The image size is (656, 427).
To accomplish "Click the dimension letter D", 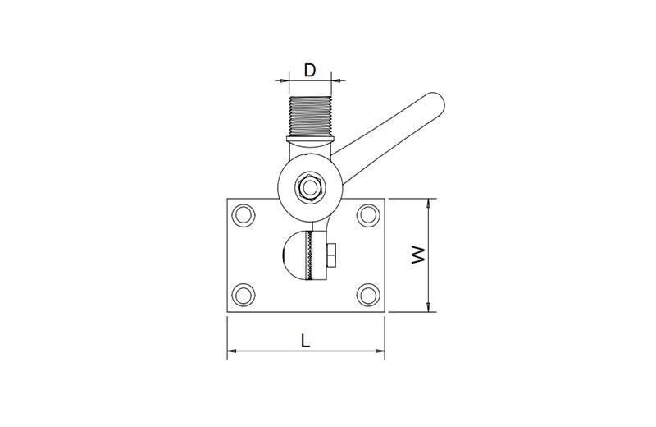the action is tap(310, 71).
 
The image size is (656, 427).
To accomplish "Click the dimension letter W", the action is tap(418, 255).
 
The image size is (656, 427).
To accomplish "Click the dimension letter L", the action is tap(306, 340).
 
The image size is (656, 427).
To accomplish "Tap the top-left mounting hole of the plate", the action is tap(243, 215).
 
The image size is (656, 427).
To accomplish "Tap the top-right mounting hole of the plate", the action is tap(368, 215).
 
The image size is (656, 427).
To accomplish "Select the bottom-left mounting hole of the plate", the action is tap(243, 295).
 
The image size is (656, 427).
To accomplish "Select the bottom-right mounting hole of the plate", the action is tap(368, 295).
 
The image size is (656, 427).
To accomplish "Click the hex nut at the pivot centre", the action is tap(310, 186).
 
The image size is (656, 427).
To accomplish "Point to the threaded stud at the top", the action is tap(310, 116).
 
